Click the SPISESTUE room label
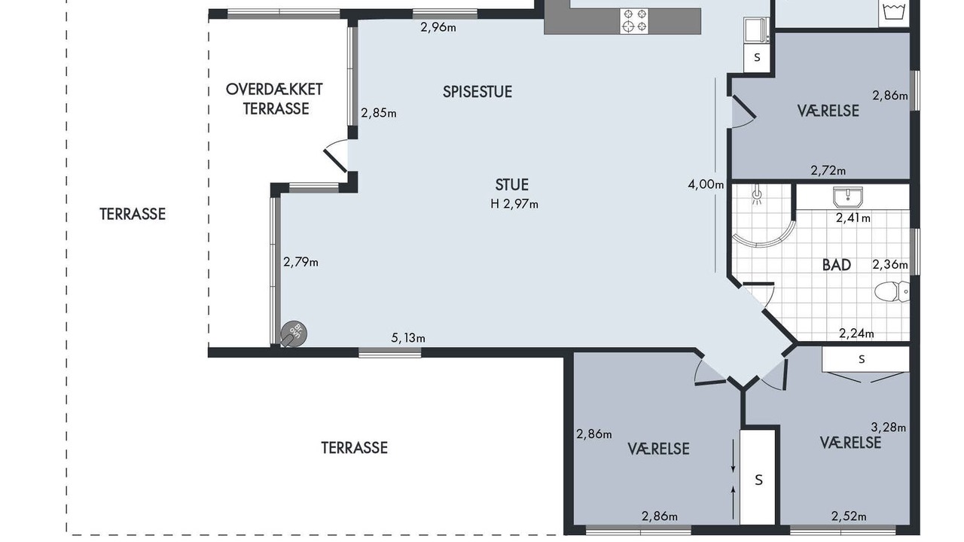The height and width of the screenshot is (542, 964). pos(477,92)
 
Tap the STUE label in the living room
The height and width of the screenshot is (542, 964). pos(511,185)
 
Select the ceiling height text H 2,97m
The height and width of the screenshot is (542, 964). pos(514,204)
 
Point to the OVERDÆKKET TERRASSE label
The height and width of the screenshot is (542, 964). pos(274,99)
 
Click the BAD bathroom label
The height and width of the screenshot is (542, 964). pos(837,265)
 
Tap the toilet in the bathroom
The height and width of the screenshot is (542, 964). pos(892,291)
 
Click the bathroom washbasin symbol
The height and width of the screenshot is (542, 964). pos(848,197)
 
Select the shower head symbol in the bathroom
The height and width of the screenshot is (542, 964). pos(757,196)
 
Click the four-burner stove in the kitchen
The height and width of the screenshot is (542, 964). pos(634,20)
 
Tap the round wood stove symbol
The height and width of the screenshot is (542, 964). pos(294,333)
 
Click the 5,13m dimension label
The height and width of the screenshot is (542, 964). pos(408,339)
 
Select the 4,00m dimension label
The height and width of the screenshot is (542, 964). pos(706,185)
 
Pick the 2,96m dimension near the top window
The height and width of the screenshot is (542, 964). pos(438,28)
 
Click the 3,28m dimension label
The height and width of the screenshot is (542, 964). pos(888,427)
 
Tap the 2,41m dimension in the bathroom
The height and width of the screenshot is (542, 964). pos(853,218)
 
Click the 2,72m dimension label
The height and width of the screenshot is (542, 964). pos(828,171)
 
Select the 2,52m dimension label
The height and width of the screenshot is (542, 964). pos(849,516)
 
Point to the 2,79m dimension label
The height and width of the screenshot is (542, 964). pos(300,262)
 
